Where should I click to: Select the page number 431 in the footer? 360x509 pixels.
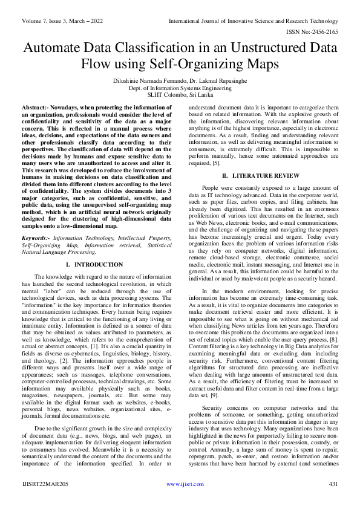pos(332,501)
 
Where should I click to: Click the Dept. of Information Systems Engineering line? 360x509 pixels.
pos(180,87)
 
